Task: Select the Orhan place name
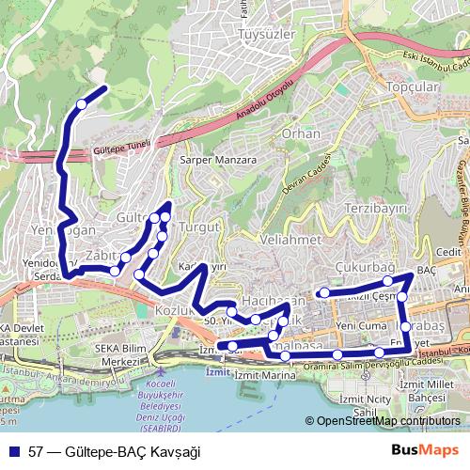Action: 302,134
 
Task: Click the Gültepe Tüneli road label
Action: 123,149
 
